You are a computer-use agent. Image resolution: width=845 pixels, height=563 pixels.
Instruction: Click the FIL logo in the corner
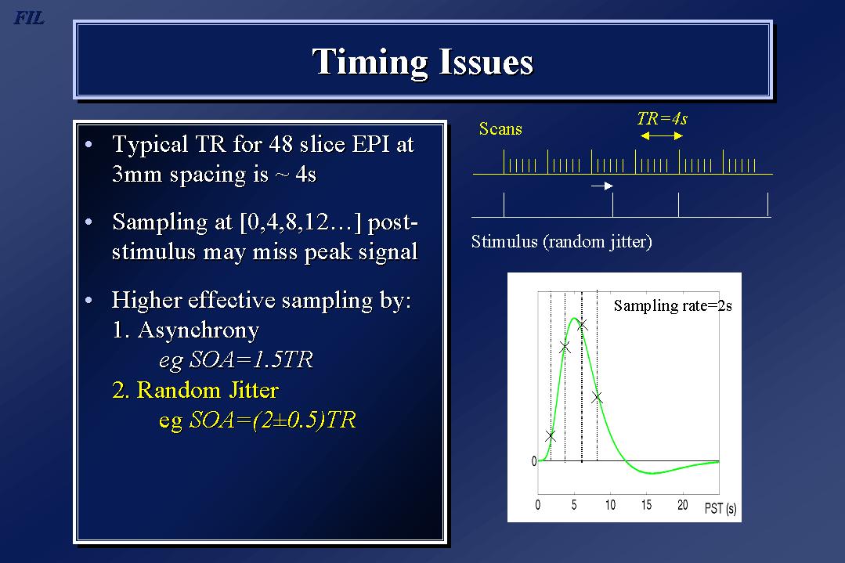tap(28, 18)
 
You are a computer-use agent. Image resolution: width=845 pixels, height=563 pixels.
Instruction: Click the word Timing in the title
tap(369, 63)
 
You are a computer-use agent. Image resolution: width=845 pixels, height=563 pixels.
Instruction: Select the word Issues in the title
tap(486, 61)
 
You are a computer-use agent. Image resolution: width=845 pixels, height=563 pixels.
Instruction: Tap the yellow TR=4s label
tap(663, 118)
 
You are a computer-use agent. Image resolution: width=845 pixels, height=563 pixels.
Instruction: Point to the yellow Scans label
tap(500, 128)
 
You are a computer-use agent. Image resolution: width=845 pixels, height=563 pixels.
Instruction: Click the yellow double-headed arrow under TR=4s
tap(662, 135)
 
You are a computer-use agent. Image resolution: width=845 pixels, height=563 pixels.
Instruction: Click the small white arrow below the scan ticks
tap(602, 186)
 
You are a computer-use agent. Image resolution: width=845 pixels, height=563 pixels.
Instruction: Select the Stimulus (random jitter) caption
tap(562, 241)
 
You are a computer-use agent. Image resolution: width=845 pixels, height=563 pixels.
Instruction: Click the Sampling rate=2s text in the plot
tap(673, 305)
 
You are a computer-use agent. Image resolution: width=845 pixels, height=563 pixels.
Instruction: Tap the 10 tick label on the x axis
tap(610, 505)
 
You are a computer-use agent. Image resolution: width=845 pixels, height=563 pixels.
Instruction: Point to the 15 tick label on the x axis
tap(646, 505)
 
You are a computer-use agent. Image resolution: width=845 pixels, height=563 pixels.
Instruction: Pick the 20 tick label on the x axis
tap(682, 505)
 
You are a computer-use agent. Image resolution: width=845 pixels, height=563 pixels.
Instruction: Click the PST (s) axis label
tap(720, 508)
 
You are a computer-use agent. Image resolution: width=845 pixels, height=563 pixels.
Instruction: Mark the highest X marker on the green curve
tap(582, 325)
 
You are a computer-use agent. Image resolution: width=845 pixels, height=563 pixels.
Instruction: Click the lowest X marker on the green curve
tap(551, 436)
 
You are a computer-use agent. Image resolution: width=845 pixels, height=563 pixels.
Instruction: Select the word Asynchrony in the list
tap(198, 330)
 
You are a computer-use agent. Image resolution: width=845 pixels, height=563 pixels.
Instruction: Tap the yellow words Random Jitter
tap(208, 389)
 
